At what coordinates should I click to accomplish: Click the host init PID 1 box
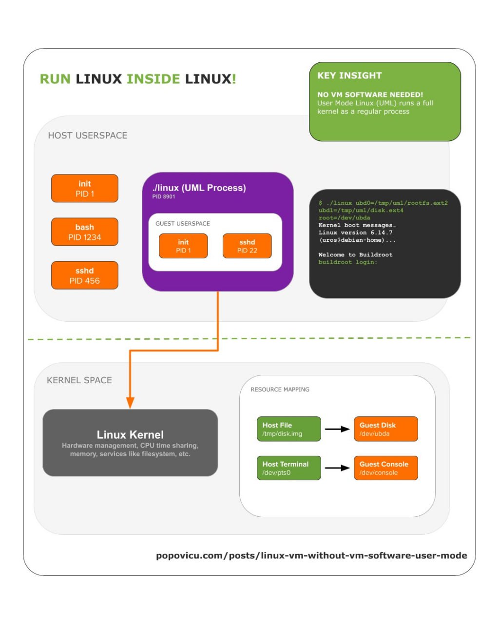(x=85, y=188)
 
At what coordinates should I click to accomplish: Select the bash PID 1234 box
(x=85, y=232)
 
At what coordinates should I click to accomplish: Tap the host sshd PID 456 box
(x=85, y=275)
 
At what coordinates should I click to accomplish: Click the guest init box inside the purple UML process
(x=183, y=246)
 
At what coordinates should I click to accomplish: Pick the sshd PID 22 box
(x=247, y=246)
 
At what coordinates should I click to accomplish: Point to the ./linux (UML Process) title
(x=199, y=188)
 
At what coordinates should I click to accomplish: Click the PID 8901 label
(x=164, y=196)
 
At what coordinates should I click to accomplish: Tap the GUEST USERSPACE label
(x=183, y=224)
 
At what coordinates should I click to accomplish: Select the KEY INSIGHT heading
(x=349, y=76)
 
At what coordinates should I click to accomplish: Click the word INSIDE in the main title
(x=154, y=79)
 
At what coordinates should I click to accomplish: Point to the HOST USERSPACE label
(x=88, y=136)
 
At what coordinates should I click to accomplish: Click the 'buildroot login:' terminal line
(x=347, y=262)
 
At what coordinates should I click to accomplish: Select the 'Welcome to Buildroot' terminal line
(x=355, y=254)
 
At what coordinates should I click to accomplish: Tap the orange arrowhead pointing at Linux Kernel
(x=130, y=403)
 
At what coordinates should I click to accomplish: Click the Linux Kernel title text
(x=130, y=435)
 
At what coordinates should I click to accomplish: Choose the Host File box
(x=289, y=429)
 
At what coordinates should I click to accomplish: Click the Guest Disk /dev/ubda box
(x=386, y=429)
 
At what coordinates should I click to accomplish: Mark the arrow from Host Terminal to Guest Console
(x=337, y=468)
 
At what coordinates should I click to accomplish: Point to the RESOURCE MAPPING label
(x=280, y=390)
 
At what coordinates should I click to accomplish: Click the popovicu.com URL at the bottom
(x=312, y=556)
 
